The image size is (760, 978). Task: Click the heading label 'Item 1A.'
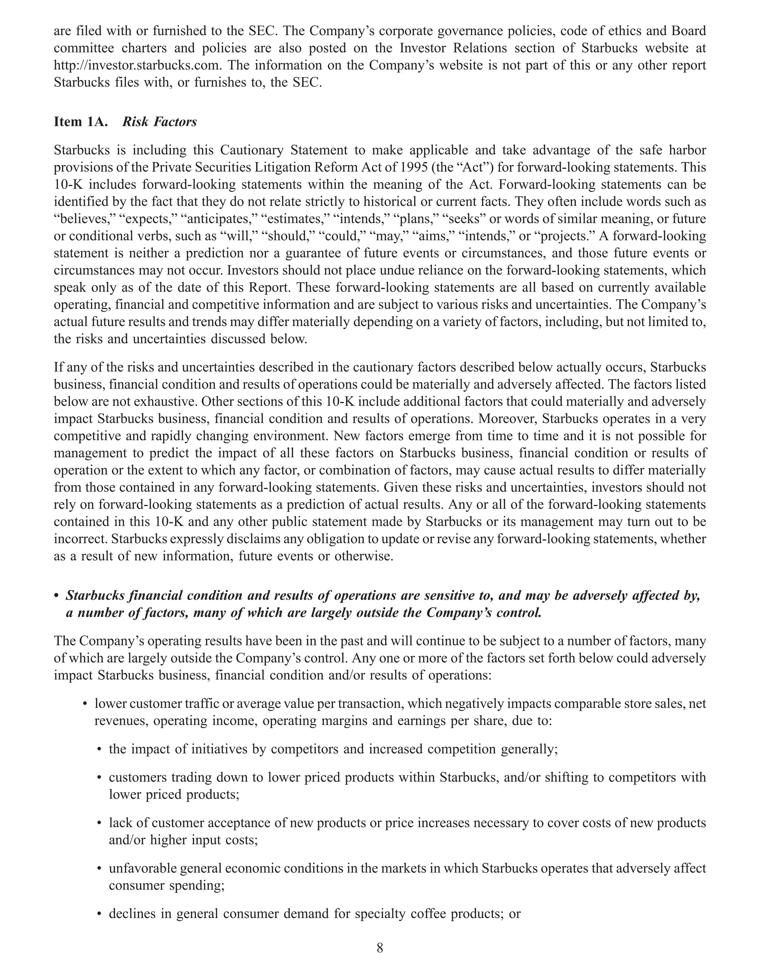coord(81,122)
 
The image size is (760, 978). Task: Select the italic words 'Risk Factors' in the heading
coord(160,122)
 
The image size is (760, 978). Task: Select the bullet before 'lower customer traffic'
coord(85,704)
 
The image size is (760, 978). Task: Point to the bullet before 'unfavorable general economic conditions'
coord(99,870)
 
